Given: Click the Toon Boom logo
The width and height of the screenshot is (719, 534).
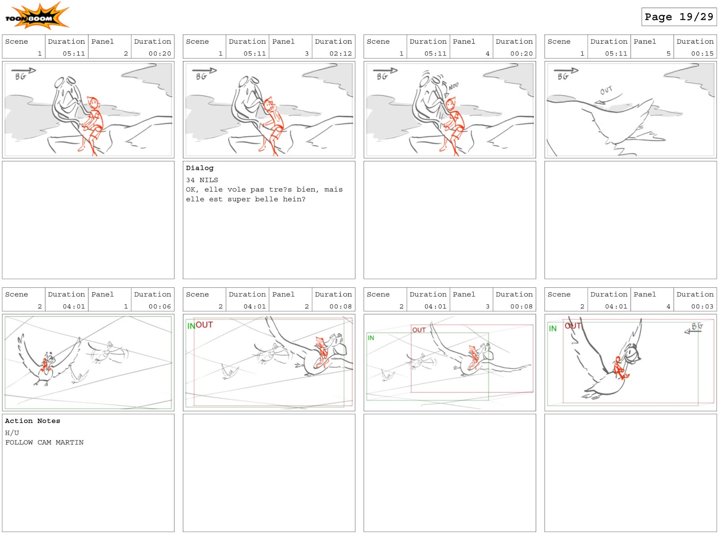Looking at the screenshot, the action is (37, 16).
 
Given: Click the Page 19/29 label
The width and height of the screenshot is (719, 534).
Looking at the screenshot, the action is (679, 17).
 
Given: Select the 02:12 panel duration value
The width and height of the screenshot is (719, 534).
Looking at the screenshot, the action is (340, 53).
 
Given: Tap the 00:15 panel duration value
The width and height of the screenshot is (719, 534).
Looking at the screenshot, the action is (702, 53).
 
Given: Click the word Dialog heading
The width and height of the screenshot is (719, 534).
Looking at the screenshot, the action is (200, 168).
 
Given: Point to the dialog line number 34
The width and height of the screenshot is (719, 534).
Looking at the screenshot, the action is (190, 180).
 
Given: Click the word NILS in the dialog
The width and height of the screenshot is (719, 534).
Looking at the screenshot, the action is (209, 180).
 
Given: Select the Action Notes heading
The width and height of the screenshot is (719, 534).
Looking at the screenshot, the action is (32, 421).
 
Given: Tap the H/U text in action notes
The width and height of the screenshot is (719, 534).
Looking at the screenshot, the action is (12, 433).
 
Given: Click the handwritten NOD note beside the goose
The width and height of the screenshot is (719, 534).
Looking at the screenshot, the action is (453, 86).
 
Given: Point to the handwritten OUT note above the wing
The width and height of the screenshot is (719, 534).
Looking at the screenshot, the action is (606, 90).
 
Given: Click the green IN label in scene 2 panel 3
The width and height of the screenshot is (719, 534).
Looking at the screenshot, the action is (371, 338).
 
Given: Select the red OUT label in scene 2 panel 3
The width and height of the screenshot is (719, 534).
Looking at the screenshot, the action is (419, 330).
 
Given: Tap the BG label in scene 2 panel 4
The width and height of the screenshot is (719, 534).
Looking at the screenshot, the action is (697, 326).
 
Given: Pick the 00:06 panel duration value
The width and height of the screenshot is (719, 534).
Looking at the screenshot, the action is (160, 307).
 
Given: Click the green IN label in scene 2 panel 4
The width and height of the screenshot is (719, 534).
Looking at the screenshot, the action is (552, 329).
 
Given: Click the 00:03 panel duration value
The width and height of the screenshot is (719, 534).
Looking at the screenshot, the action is (702, 307).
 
